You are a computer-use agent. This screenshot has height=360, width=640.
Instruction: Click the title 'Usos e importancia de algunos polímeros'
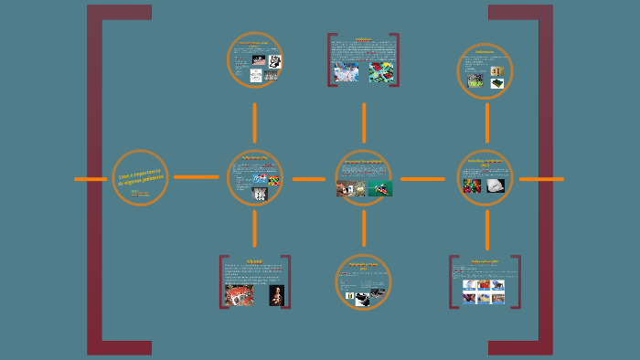[140, 176]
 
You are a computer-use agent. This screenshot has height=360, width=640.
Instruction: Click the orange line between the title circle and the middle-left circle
[196, 176]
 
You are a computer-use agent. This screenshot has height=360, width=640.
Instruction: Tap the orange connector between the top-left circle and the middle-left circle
[255, 122]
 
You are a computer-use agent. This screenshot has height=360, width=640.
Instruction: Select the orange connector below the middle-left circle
[255, 228]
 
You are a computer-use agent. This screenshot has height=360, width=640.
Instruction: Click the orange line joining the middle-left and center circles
[308, 179]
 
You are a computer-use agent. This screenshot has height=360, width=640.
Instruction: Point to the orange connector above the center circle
[364, 122]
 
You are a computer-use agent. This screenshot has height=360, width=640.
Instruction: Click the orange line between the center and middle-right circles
[422, 179]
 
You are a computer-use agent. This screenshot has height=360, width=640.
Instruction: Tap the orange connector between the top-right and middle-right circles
[486, 122]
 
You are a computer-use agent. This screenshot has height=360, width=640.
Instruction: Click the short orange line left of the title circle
[91, 179]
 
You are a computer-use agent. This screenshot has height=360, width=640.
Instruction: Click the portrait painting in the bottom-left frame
[276, 294]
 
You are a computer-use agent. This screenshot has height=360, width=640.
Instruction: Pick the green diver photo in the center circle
[380, 189]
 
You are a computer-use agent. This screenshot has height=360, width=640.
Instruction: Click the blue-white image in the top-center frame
[347, 72]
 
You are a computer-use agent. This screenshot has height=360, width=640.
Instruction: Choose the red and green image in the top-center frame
[381, 72]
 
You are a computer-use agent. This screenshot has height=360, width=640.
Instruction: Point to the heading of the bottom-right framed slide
[485, 262]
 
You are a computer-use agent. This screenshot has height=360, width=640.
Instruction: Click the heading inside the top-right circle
[484, 52]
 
